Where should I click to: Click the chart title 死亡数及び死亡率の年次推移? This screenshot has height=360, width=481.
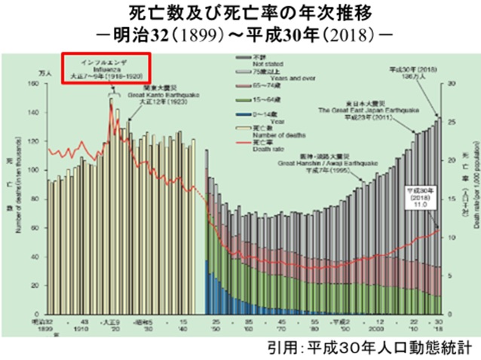[x=241, y=14]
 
